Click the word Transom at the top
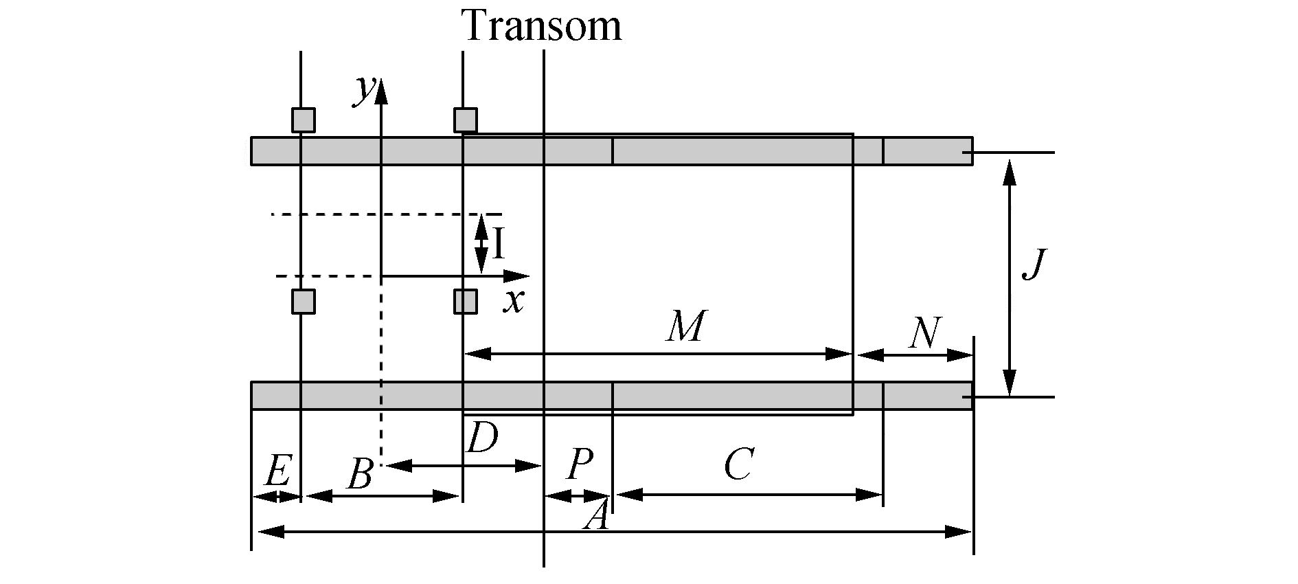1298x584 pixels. point(542,26)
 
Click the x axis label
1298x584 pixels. point(513,300)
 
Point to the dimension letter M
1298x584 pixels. point(685,327)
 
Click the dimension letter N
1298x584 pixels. point(924,333)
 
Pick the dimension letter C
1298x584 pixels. point(739,465)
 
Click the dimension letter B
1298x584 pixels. point(360,474)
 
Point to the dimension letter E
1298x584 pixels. point(276,471)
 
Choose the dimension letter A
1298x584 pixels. point(596,516)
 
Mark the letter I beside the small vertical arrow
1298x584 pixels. point(499,243)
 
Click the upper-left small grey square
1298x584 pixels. point(303,120)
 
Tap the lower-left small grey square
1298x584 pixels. point(303,302)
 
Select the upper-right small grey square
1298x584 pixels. point(465,120)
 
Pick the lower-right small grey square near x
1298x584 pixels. point(465,302)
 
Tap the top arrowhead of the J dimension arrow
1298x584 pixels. point(1009,172)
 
